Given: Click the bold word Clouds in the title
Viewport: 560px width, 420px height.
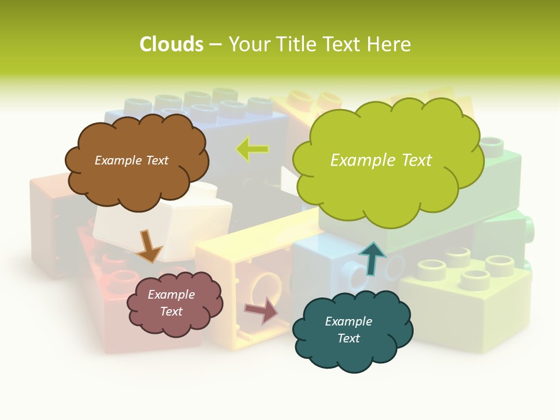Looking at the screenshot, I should point(171,44).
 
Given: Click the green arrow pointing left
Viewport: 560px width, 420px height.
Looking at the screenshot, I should point(253,149).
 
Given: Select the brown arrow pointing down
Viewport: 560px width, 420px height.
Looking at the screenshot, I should point(149,245).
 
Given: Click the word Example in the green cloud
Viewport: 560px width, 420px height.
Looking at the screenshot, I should point(363,160).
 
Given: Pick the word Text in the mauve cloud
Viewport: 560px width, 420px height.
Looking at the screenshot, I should point(171,311).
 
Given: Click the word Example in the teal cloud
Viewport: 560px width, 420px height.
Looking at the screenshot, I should point(348,321).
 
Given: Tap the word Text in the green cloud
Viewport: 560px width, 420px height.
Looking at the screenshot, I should point(416,160).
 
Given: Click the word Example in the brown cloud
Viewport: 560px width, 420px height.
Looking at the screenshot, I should point(117,160).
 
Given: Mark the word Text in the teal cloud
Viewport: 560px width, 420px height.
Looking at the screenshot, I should point(349,338).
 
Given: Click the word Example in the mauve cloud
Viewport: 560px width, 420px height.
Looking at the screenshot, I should point(171,295).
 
